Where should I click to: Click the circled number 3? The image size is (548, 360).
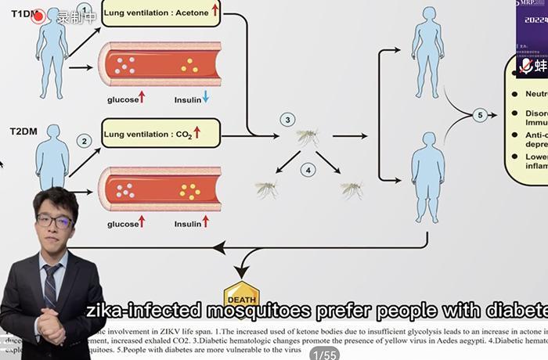pos(288,120)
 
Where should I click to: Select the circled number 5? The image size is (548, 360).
pos(481,115)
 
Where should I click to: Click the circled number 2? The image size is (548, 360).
pos(84,141)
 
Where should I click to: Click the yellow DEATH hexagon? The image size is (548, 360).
pos(240,295)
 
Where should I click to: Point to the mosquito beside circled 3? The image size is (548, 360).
pos(307,139)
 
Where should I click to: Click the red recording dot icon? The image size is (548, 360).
pos(38,16)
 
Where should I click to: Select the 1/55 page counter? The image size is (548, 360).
pos(323,355)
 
